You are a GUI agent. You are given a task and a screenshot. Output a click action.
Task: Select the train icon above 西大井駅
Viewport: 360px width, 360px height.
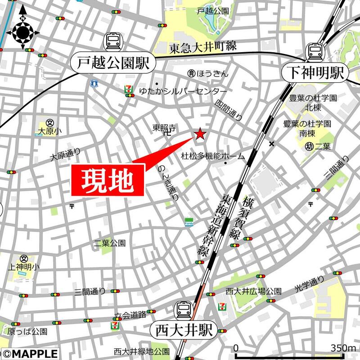183,309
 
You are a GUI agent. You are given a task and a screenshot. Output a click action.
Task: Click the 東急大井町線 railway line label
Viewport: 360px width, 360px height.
202,46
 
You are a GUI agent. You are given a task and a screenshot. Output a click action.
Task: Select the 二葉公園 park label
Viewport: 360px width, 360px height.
110,243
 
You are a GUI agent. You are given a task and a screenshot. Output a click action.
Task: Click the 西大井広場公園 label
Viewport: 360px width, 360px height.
254,291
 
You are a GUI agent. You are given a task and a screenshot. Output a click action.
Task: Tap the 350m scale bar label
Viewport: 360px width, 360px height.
343,348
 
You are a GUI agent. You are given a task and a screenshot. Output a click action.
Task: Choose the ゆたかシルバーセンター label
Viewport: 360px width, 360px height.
177,89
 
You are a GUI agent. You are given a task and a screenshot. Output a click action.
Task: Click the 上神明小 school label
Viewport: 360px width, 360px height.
24,267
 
